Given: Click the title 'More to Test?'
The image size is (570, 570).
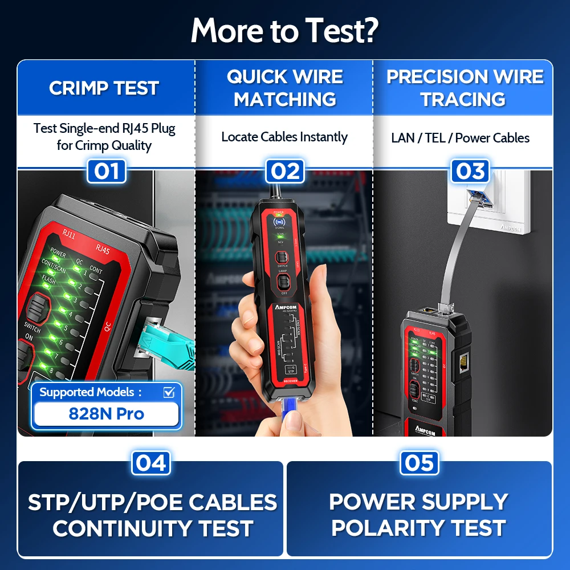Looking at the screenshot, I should [x=284, y=31].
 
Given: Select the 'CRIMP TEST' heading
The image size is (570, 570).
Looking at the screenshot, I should [x=104, y=88].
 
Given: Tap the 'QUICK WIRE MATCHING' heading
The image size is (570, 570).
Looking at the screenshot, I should [x=284, y=88].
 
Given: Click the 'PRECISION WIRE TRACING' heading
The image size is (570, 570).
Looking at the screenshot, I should [x=465, y=88].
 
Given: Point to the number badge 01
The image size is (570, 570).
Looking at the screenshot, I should [x=105, y=171].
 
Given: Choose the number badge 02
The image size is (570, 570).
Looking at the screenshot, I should [x=285, y=171].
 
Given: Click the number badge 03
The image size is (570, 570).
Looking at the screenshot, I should [x=470, y=171].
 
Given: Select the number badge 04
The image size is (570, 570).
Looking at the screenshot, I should [x=151, y=463].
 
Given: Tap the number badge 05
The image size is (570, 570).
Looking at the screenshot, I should [x=420, y=463].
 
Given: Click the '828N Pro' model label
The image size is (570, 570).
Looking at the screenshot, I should [x=105, y=413].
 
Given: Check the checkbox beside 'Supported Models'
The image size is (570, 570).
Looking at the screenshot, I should [x=169, y=392].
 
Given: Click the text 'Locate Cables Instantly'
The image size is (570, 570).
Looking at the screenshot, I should [x=284, y=137].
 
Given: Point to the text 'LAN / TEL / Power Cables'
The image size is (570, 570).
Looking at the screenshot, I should [x=460, y=138].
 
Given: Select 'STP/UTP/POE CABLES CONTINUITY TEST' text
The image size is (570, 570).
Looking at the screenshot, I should [x=153, y=515].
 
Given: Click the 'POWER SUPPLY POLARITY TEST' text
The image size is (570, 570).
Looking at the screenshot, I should [x=419, y=515].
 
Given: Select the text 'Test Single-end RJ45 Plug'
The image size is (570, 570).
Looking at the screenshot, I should [x=104, y=128].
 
